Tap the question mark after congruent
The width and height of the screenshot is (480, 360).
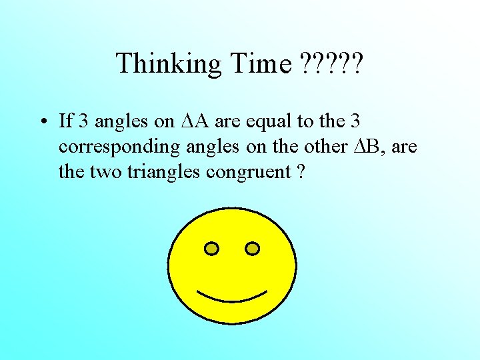coord(301,172)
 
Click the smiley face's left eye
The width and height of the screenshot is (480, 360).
coord(211,249)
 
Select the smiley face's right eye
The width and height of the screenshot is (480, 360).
coord(253,249)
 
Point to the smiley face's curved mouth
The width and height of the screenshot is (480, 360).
coord(231,296)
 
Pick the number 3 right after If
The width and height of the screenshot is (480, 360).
coord(83,121)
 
